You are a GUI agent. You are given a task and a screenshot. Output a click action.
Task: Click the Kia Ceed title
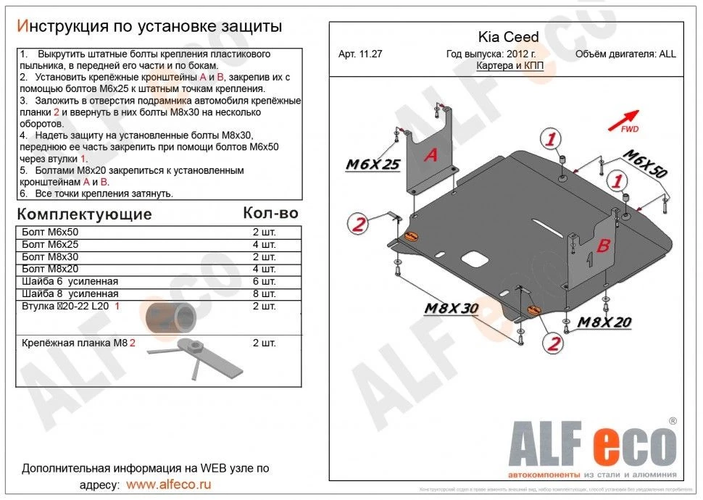click(508, 38)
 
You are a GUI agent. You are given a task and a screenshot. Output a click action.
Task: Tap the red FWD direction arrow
click(628, 118)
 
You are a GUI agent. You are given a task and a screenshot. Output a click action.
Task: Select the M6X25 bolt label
click(373, 164)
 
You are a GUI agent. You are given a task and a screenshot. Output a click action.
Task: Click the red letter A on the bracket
click(430, 154)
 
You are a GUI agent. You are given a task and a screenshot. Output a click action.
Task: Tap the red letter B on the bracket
click(602, 246)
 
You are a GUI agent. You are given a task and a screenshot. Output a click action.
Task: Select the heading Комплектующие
click(84, 214)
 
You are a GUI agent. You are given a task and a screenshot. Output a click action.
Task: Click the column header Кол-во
click(270, 213)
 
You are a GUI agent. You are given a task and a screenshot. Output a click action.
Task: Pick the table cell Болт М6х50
click(50, 233)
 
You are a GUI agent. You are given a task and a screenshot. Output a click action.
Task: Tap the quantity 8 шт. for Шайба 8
click(264, 294)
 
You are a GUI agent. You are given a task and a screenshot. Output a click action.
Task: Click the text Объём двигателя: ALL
click(625, 54)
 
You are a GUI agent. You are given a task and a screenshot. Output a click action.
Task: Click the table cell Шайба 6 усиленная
click(70, 282)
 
